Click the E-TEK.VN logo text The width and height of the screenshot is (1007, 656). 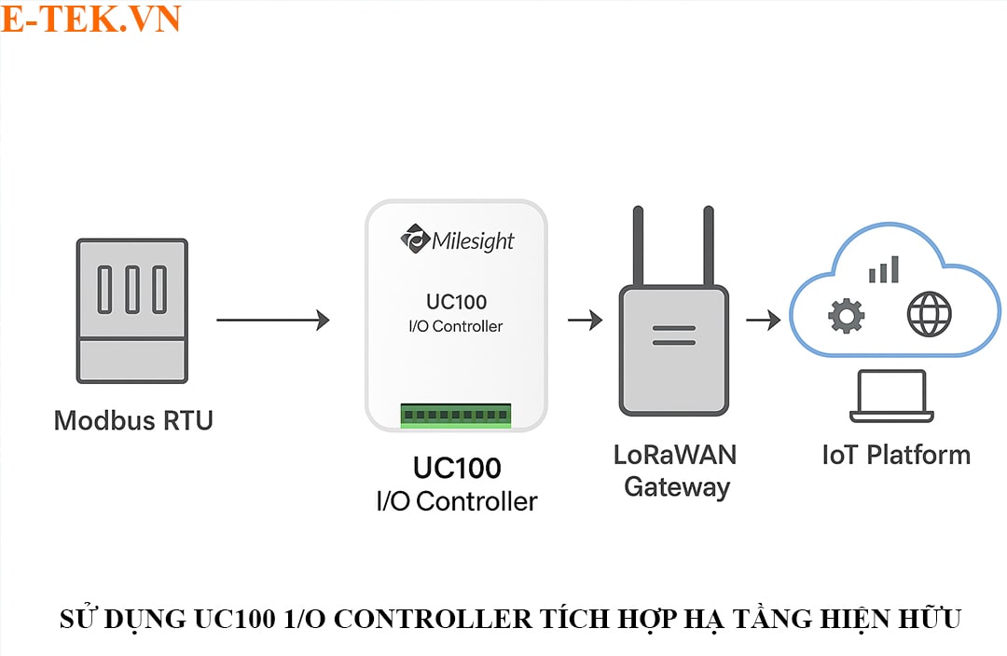90,19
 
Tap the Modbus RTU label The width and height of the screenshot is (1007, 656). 133,420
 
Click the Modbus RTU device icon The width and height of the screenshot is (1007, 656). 132,310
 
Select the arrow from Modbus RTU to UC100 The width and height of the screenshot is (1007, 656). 272,321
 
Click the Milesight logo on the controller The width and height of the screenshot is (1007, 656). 457,240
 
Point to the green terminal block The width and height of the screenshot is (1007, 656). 456,415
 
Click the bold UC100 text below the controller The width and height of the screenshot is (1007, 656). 457,468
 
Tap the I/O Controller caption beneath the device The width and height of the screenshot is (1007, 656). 457,501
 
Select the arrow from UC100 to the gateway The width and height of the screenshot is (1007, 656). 585,321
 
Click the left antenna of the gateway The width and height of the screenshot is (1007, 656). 639,247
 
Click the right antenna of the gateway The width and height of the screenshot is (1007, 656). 709,247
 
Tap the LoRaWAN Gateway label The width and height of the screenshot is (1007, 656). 676,471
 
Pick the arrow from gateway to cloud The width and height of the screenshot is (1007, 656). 763,321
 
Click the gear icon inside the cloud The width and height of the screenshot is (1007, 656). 846,316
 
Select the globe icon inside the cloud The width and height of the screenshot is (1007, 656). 929,315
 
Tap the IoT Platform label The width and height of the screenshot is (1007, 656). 896,455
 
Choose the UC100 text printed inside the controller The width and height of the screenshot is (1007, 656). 456,302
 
